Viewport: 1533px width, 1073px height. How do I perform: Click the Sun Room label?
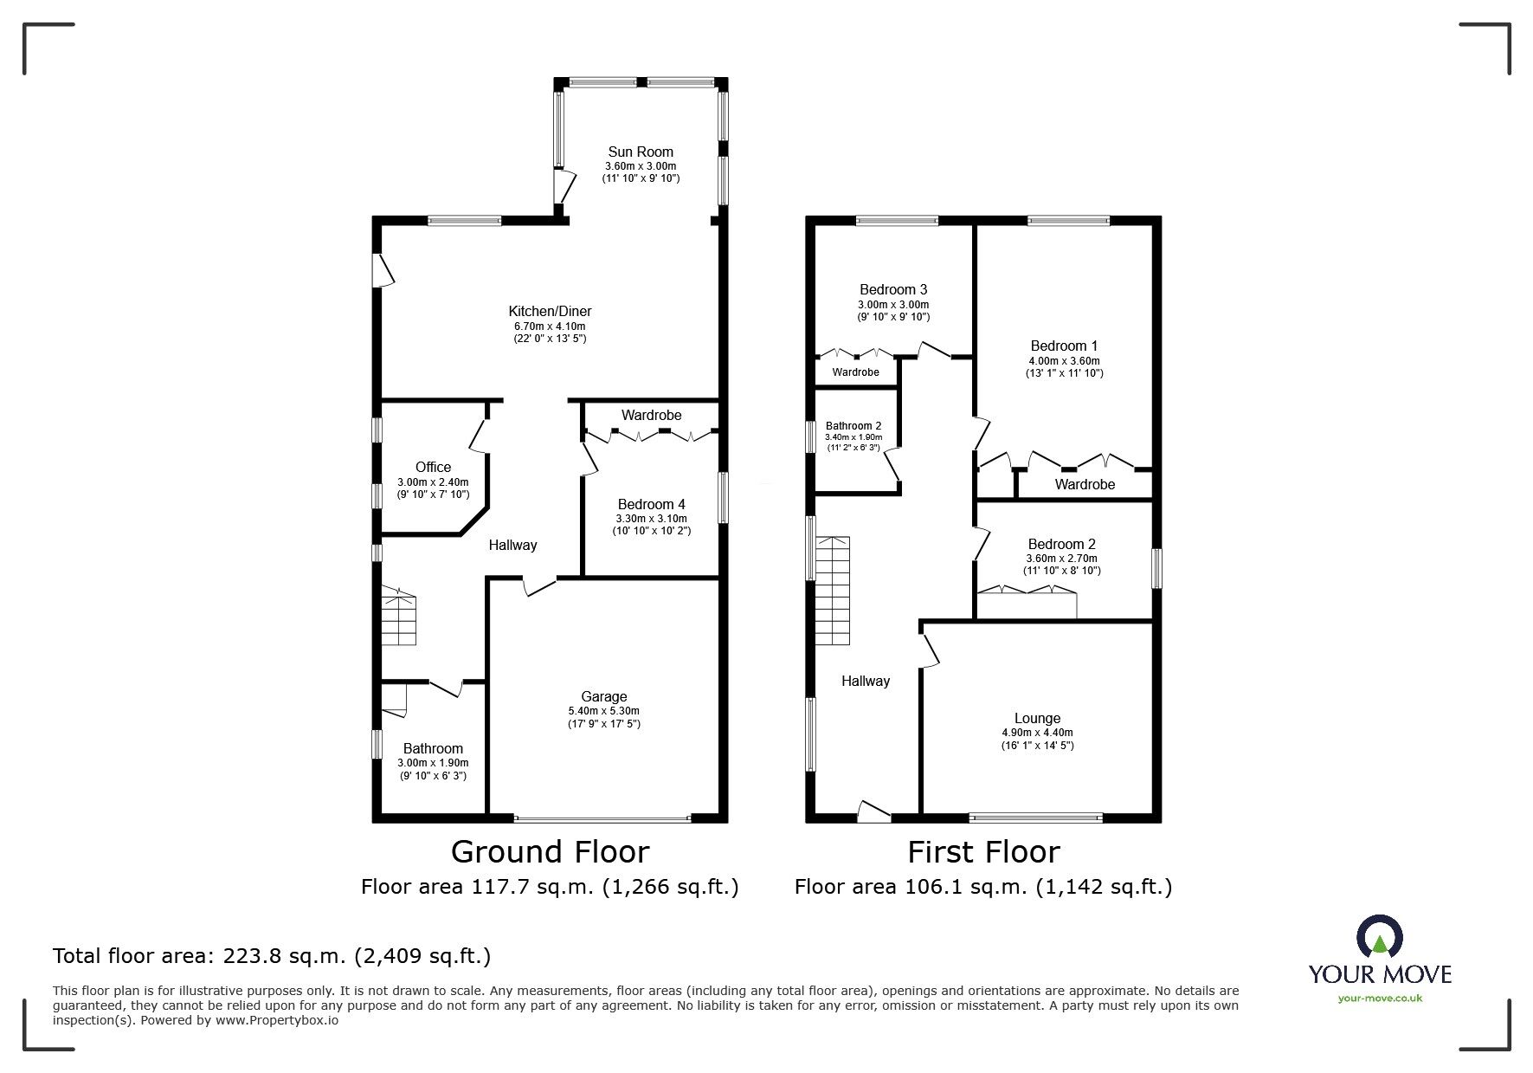[640, 152]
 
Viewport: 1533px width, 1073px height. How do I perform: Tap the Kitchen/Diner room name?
[550, 311]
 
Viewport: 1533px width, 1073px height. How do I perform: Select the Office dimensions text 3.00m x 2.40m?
[433, 482]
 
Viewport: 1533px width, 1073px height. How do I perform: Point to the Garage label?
[603, 696]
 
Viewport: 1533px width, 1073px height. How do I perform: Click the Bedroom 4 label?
[651, 504]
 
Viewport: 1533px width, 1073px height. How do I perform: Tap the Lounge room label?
[1037, 718]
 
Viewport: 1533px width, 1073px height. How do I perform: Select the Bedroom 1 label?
[1064, 346]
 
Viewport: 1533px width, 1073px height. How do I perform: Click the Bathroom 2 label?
[853, 426]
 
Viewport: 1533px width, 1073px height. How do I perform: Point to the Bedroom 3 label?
[893, 289]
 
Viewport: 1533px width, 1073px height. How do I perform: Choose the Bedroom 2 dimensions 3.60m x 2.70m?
[1062, 559]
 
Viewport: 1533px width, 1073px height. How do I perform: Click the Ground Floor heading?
[550, 852]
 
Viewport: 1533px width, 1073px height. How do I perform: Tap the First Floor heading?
[983, 852]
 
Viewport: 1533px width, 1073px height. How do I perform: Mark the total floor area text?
[272, 956]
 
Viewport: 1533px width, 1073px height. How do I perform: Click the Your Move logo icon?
[1379, 937]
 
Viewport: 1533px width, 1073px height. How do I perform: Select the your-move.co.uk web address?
[1380, 998]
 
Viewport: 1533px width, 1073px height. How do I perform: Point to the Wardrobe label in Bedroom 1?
[1085, 485]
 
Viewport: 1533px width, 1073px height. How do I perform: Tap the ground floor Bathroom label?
[433, 748]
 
